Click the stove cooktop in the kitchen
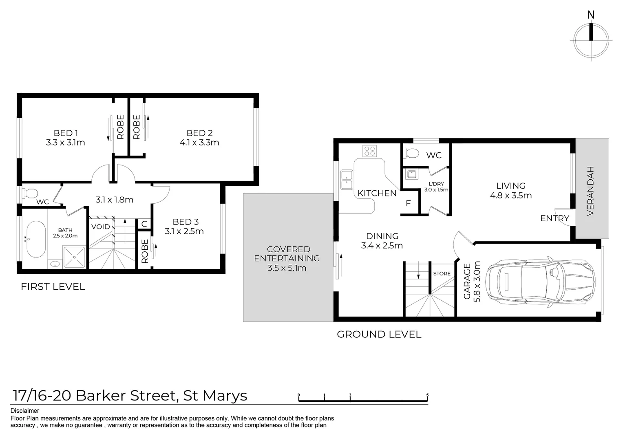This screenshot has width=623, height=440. tap(370, 151)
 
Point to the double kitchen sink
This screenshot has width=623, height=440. tap(347, 180)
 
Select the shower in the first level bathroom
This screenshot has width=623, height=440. tap(74, 257)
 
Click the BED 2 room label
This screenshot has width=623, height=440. tap(199, 133)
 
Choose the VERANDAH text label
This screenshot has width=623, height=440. tap(591, 191)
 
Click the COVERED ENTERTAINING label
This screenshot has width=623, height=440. tap(287, 254)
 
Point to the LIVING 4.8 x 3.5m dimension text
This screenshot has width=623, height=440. tap(511, 196)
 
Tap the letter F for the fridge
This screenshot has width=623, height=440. tap(408, 203)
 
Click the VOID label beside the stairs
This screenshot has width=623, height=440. tap(100, 227)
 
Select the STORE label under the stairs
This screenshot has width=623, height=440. tap(442, 274)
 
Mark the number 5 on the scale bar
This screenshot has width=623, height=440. tap(427, 395)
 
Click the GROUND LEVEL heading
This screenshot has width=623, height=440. tap(379, 334)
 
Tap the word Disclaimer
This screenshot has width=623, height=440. tap(25, 411)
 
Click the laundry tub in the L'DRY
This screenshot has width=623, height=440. tap(411, 174)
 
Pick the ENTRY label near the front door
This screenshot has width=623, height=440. tap(555, 218)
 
